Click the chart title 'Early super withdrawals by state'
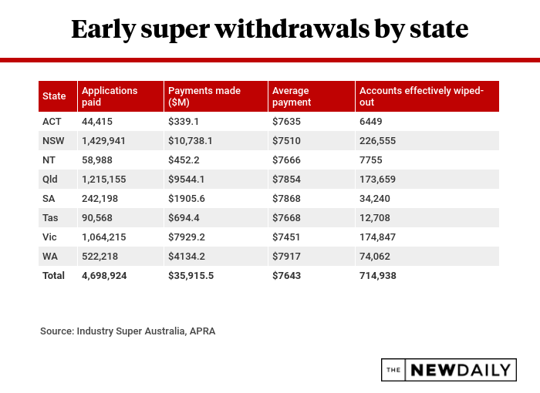269,29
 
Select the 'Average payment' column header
292,96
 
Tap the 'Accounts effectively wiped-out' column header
421,96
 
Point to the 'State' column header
54,96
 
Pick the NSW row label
54,141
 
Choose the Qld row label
51,179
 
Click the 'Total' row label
54,275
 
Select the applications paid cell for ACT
98,122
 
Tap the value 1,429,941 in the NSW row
104,141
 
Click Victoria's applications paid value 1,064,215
104,237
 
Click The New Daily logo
449,370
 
